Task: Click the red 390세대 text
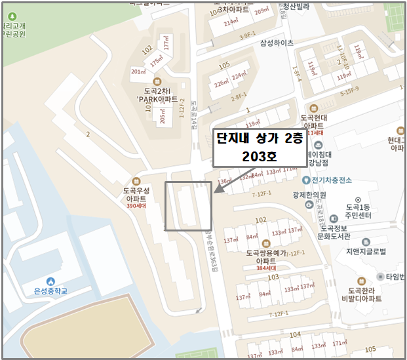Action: point(136,205)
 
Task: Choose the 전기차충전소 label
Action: point(332,180)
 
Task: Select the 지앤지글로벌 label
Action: point(365,251)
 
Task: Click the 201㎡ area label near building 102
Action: point(138,72)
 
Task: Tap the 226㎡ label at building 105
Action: point(221,83)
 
